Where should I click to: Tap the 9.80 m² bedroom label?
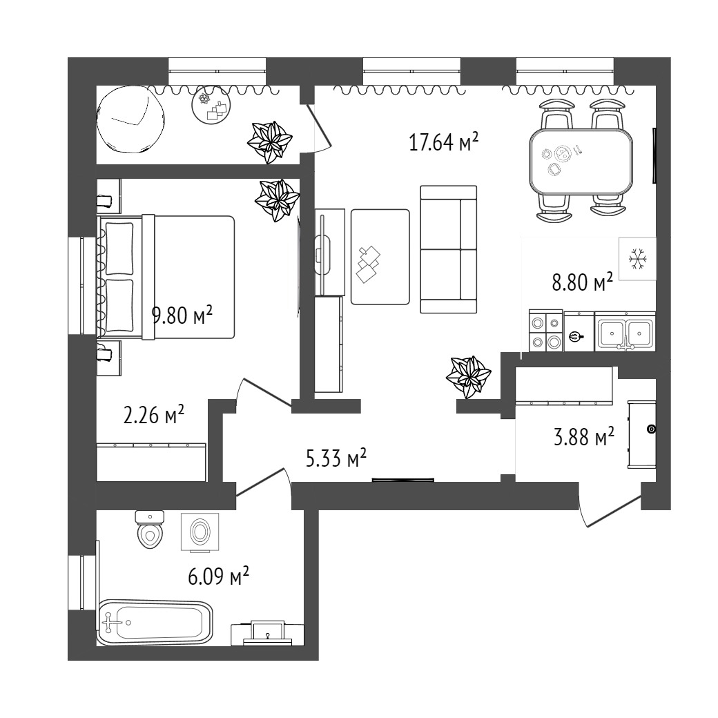point(182,315)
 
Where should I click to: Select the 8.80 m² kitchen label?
point(583,282)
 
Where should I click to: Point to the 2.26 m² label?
point(154,414)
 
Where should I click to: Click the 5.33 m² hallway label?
point(336,458)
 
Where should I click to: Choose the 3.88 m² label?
point(584,436)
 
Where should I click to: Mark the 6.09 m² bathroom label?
point(218,576)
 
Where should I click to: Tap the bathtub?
point(155,623)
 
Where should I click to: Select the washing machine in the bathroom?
point(200,532)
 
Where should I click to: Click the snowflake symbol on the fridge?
point(637,259)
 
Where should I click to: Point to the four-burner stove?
point(546,331)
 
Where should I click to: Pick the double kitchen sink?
point(625,331)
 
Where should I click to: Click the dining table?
point(581,161)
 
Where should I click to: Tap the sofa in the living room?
point(448,249)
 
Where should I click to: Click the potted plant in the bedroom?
point(278,200)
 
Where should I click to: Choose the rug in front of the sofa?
point(380,257)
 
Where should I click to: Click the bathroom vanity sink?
point(267,633)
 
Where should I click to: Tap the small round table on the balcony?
point(211,106)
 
